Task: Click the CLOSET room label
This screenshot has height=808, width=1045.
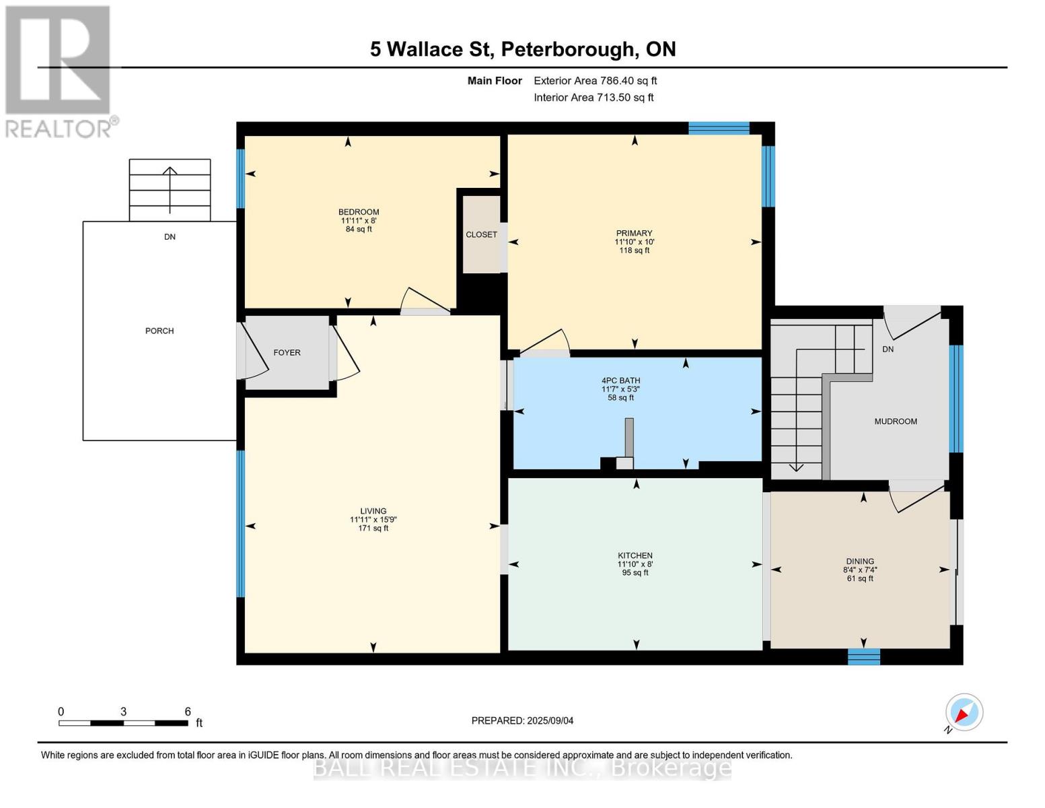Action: click(x=481, y=234)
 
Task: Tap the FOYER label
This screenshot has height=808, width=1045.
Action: click(x=287, y=353)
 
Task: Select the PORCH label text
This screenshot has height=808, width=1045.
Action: click(x=159, y=331)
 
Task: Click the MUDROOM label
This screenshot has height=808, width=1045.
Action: click(x=895, y=422)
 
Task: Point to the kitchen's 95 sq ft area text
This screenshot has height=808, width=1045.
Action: click(x=635, y=573)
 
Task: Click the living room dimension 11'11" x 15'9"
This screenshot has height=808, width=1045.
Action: click(x=373, y=520)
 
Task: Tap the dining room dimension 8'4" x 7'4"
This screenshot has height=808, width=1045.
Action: click(x=859, y=570)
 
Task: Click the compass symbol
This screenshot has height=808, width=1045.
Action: click(x=964, y=712)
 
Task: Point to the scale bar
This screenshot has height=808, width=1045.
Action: click(x=123, y=723)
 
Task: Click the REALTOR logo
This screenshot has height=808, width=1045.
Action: click(x=59, y=71)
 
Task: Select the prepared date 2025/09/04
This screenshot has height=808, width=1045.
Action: click(x=522, y=720)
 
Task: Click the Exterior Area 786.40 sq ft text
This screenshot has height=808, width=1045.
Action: click(x=595, y=81)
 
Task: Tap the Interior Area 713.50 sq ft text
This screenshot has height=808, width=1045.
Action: click(x=593, y=98)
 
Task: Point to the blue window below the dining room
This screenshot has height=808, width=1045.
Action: click(x=863, y=656)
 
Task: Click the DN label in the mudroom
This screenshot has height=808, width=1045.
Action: click(x=888, y=349)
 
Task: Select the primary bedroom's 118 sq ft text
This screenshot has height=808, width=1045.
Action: click(x=634, y=250)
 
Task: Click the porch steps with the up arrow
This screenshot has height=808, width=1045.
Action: click(x=170, y=190)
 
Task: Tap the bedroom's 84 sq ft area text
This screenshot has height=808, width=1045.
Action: click(x=359, y=230)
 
